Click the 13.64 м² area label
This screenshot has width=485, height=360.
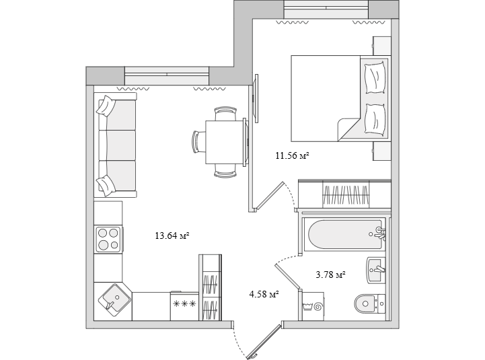tap(172, 236)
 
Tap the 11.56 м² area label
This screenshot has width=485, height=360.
tap(293, 155)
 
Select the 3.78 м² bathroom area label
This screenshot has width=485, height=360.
tap(330, 275)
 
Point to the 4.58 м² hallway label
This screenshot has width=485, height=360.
tap(264, 294)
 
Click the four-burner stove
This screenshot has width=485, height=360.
tap(108, 240)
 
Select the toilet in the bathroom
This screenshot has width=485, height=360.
tap(369, 303)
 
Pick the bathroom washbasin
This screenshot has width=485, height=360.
tap(376, 270)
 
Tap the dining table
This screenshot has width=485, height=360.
tap(225, 143)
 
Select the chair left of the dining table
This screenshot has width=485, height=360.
tap(198, 142)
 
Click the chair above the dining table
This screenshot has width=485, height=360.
tap(225, 114)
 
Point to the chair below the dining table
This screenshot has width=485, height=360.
tap(225, 171)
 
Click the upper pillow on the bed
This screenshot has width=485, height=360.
tap(375, 77)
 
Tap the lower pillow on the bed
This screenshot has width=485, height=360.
tap(375, 120)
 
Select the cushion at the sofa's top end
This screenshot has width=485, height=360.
tap(106, 106)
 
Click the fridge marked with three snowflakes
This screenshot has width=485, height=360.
tap(184, 305)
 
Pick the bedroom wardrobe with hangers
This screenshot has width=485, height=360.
tap(344, 194)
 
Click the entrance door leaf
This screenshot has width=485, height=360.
tap(264, 341)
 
